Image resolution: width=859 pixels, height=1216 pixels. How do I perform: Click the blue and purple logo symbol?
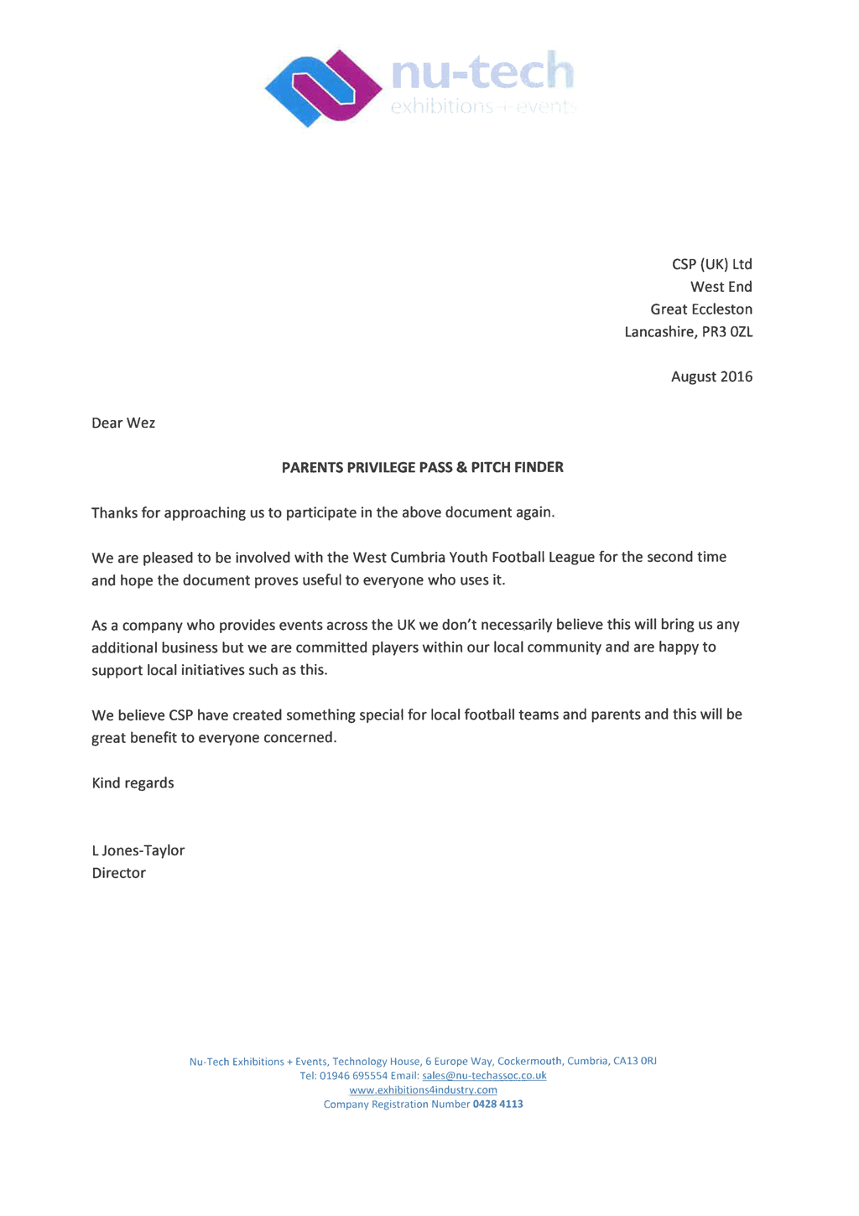click(323, 88)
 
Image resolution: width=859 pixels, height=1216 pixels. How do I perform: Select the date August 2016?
click(711, 377)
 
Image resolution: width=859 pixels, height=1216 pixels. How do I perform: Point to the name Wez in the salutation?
click(141, 423)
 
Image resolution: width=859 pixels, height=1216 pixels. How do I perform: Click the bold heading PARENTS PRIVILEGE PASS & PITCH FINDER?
click(422, 467)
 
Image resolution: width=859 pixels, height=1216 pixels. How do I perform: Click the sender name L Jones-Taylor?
click(138, 850)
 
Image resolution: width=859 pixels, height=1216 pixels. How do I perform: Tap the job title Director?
click(118, 873)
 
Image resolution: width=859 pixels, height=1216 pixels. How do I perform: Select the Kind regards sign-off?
click(133, 783)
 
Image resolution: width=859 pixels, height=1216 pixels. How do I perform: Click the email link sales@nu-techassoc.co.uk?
click(484, 1076)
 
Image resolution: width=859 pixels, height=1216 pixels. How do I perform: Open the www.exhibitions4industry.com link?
click(423, 1090)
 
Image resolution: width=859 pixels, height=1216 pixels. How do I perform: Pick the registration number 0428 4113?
click(497, 1104)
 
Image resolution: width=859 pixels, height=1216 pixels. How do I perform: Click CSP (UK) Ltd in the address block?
click(711, 264)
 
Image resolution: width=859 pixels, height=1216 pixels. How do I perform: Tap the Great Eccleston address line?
click(701, 309)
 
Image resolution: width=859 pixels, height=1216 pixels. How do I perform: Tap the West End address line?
click(721, 287)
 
